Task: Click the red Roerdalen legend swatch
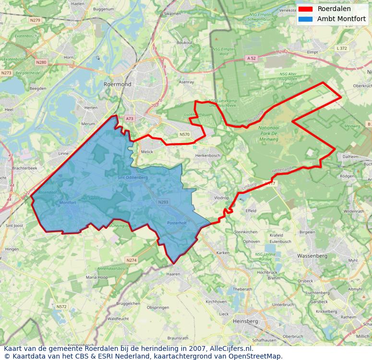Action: (x=305, y=9)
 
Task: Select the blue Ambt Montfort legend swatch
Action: (x=305, y=19)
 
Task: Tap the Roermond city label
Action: (x=117, y=84)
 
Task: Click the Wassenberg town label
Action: (x=312, y=256)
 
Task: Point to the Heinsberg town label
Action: (x=245, y=321)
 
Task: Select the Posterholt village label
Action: (x=177, y=223)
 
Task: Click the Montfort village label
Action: (x=68, y=203)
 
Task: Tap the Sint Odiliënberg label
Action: (x=133, y=178)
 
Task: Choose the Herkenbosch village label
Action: (x=208, y=156)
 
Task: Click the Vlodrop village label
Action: (x=221, y=198)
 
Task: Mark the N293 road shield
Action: (x=163, y=203)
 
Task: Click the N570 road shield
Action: (x=184, y=135)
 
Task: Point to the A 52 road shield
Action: (x=252, y=58)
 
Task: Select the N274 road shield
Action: (x=132, y=260)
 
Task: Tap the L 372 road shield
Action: (x=342, y=48)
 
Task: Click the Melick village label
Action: (x=147, y=152)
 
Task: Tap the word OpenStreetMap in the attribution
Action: (x=259, y=356)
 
